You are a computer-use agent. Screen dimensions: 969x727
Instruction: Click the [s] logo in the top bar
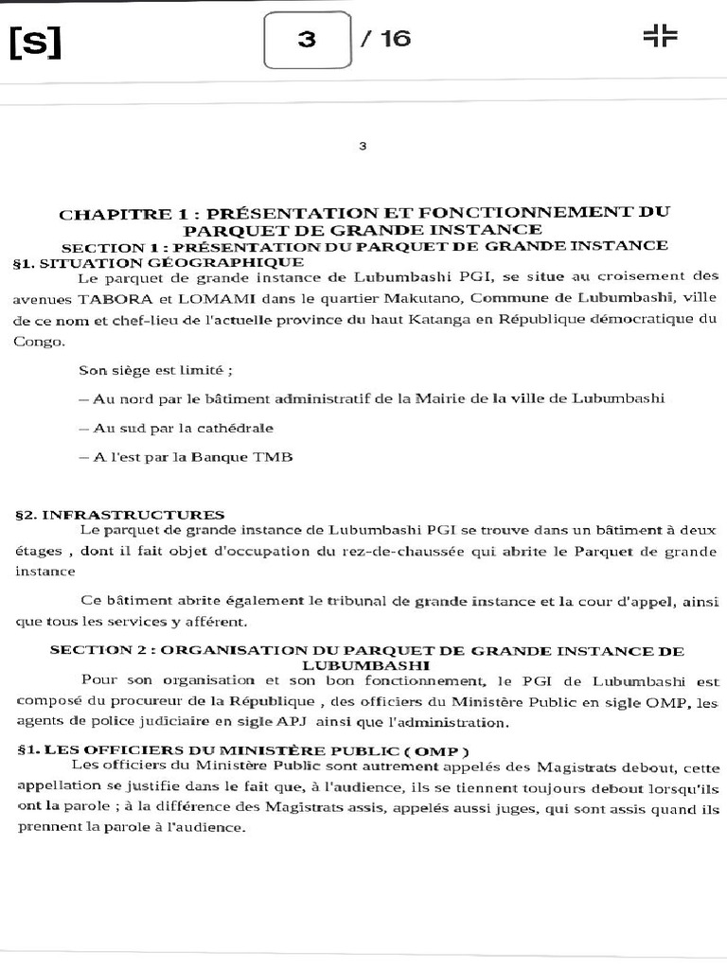tap(35, 42)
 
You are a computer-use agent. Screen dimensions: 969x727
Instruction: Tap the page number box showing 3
tap(308, 40)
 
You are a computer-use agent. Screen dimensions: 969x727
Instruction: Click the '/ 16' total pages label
tap(385, 40)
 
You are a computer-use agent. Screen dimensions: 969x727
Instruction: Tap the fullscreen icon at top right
tap(660, 36)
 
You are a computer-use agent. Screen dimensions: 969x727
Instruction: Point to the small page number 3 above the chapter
tap(363, 146)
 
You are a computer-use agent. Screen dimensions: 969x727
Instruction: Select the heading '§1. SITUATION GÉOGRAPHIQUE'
tap(159, 261)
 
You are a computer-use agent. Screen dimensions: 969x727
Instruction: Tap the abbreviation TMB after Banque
tap(274, 457)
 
